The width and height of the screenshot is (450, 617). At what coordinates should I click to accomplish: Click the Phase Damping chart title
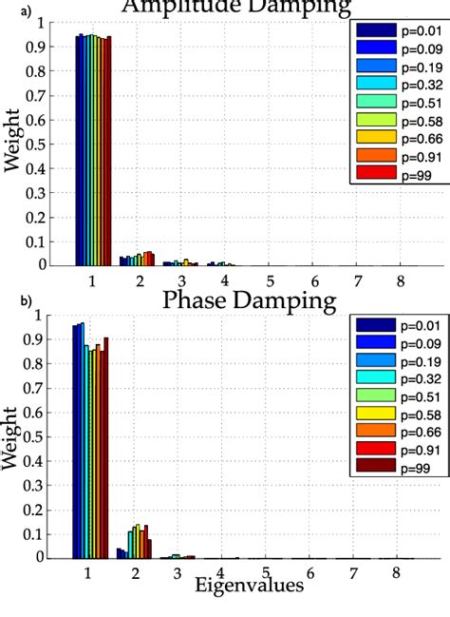251,301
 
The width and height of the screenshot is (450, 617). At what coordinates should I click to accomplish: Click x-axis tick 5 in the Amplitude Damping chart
270,281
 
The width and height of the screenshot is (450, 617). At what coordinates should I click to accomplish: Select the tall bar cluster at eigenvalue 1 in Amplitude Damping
93,152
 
